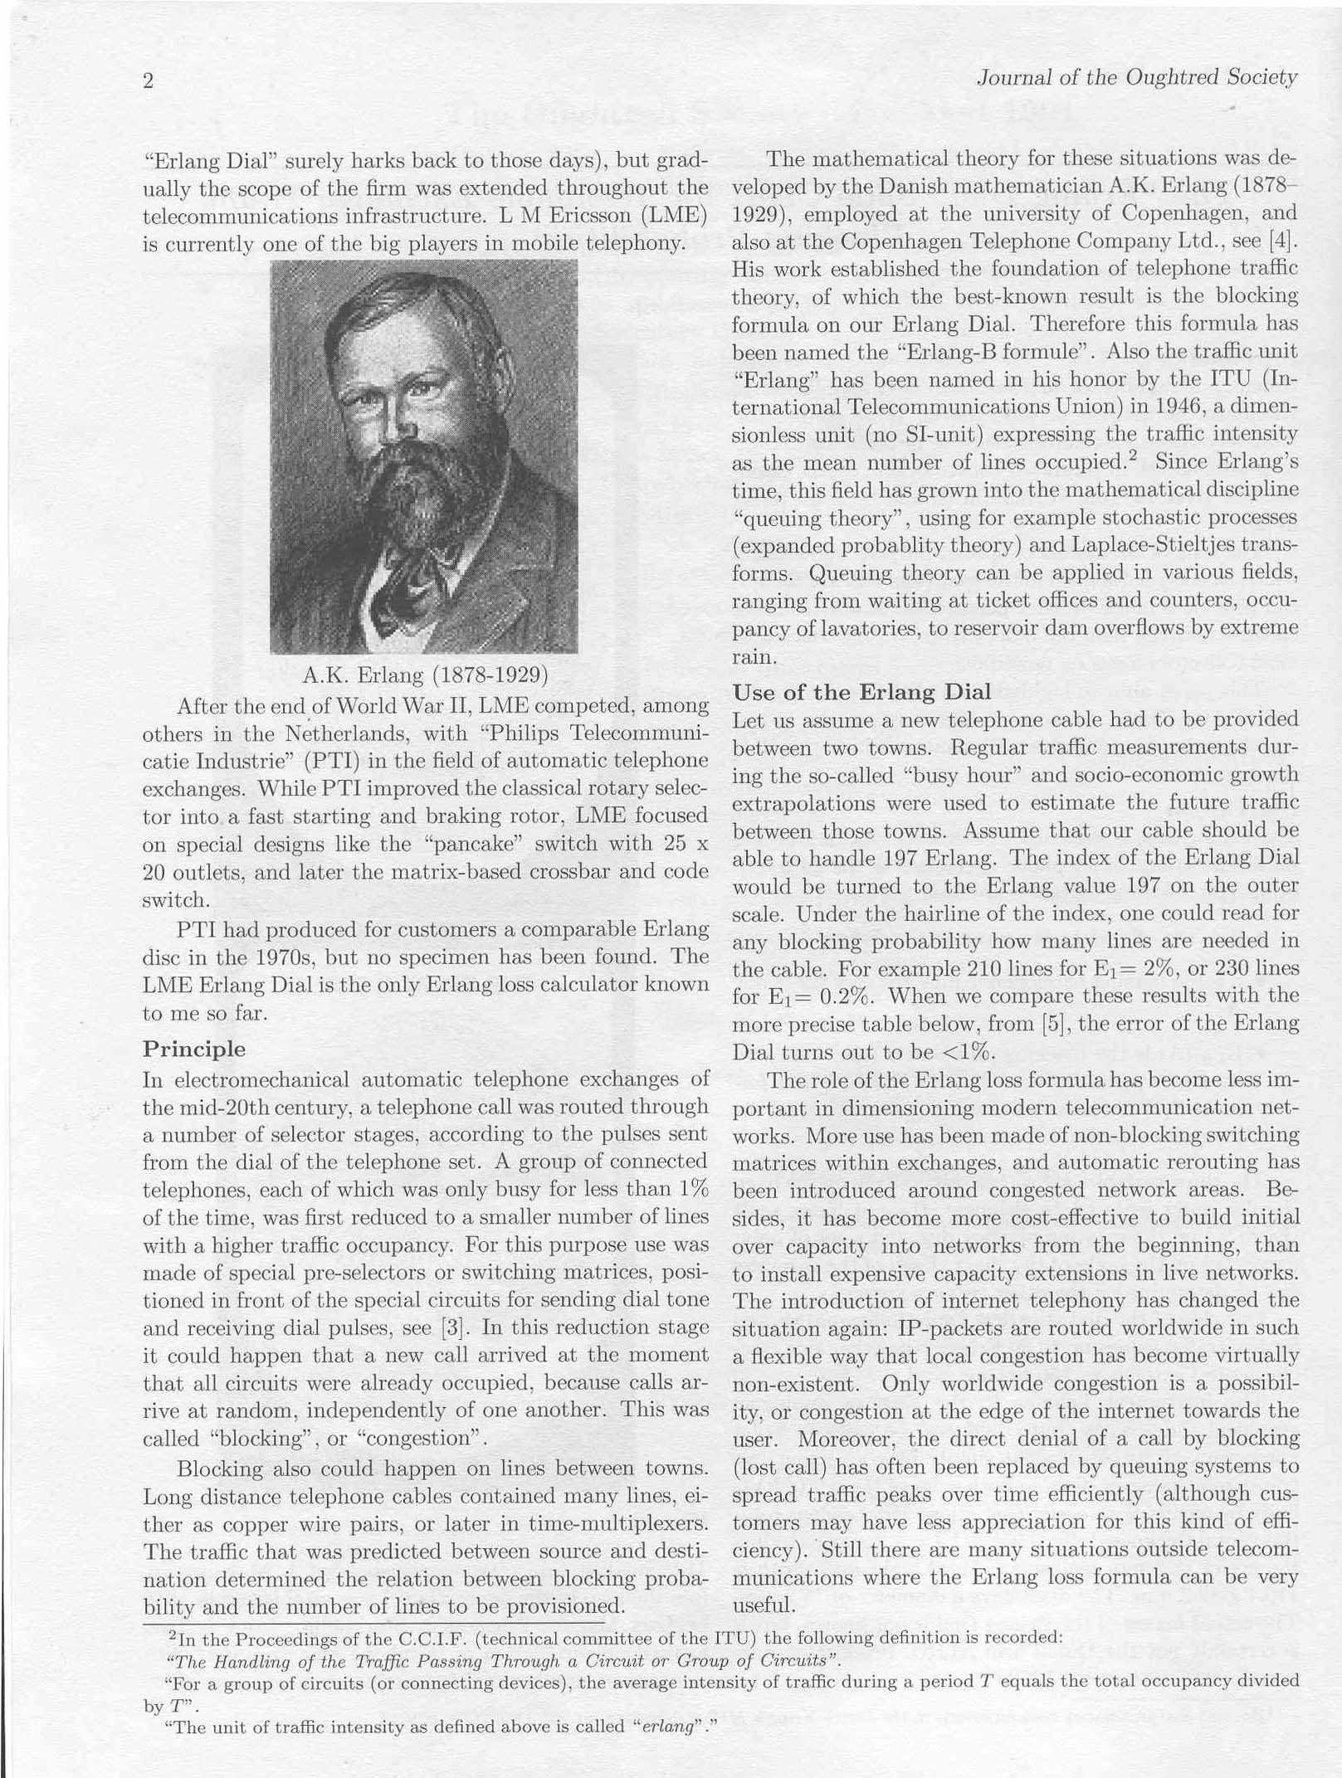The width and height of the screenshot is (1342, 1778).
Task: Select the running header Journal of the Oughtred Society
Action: coord(1136,78)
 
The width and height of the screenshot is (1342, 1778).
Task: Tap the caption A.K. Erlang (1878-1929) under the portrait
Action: coord(425,675)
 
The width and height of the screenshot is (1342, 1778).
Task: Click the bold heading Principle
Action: coord(194,1049)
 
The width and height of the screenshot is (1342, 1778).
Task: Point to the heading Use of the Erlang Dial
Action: coord(862,693)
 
